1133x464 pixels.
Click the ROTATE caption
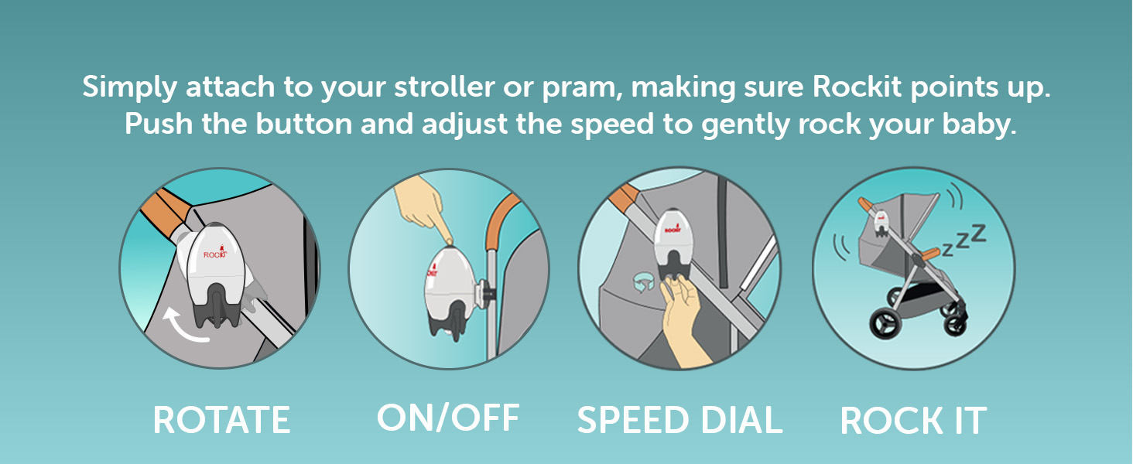click(221, 420)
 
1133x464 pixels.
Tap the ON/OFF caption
click(448, 418)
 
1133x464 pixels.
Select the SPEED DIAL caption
click(679, 420)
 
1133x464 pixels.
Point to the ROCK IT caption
click(913, 421)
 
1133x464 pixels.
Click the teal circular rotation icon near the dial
click(644, 283)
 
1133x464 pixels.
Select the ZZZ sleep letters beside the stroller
click(964, 240)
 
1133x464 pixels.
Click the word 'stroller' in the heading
click(444, 87)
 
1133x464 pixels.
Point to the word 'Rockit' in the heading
click(857, 87)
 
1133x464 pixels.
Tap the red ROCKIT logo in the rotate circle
click(215, 254)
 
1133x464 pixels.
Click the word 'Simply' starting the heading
click(129, 87)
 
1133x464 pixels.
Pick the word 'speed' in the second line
click(612, 125)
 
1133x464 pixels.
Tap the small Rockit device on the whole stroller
click(881, 223)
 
